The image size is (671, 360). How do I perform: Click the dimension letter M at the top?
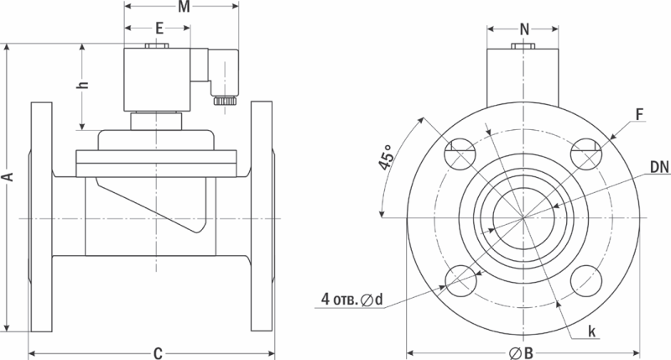pyautogui.click(x=184, y=7)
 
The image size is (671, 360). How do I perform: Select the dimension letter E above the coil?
pyautogui.click(x=159, y=29)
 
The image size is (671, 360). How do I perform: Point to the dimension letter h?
pyautogui.click(x=83, y=85)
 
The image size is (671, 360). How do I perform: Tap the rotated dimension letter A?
pyautogui.click(x=8, y=177)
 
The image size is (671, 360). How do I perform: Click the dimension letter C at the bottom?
pyautogui.click(x=158, y=353)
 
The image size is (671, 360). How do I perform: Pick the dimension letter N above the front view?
pyautogui.click(x=524, y=29)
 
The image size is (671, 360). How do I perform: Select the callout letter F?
pyautogui.click(x=639, y=115)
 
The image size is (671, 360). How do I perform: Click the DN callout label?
pyautogui.click(x=659, y=167)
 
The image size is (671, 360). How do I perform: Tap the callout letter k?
pyautogui.click(x=592, y=331)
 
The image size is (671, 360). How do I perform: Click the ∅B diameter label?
pyautogui.click(x=521, y=353)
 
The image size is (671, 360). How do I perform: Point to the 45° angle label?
pyautogui.click(x=386, y=157)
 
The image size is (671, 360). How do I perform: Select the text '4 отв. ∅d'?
pyautogui.click(x=351, y=300)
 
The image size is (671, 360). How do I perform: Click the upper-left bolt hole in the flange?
pyautogui.click(x=460, y=154)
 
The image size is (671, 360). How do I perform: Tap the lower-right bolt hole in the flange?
pyautogui.click(x=586, y=281)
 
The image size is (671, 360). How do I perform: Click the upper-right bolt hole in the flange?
pyautogui.click(x=586, y=154)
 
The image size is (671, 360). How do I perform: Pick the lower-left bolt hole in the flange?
pyautogui.click(x=460, y=281)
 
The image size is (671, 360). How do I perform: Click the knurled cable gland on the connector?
pyautogui.click(x=224, y=101)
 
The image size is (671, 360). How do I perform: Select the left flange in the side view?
pyautogui.click(x=41, y=217)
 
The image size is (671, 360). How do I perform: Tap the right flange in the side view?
pyautogui.click(x=262, y=217)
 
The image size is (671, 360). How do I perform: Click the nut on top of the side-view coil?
pyautogui.click(x=157, y=46)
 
